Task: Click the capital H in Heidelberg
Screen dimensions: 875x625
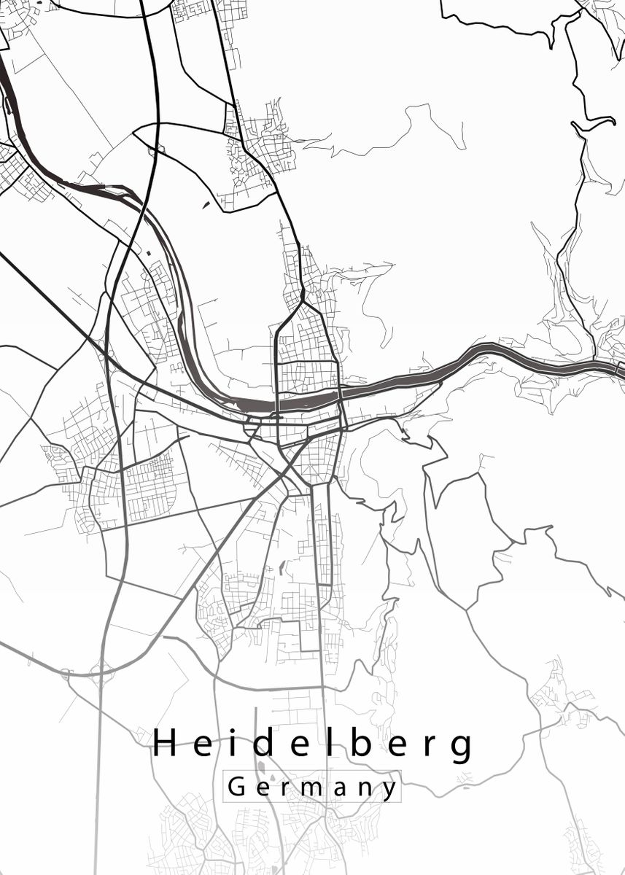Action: pyautogui.click(x=166, y=744)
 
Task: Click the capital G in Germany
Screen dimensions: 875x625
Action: pyautogui.click(x=236, y=787)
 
